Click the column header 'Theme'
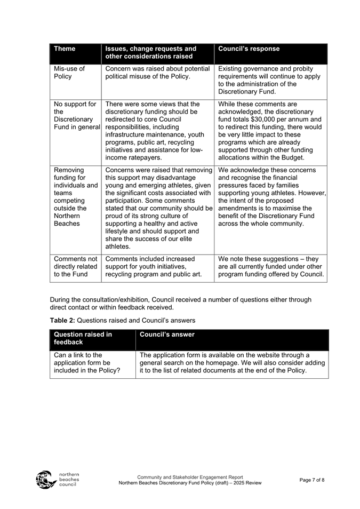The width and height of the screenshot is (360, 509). [65, 49]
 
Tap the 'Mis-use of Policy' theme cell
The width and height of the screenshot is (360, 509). [69, 73]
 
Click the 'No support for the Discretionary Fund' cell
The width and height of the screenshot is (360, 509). [75, 116]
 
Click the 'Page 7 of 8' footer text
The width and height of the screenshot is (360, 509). [311, 480]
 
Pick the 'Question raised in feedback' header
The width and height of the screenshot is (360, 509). [83, 338]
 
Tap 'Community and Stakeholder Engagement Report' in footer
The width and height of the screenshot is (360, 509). [190, 477]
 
